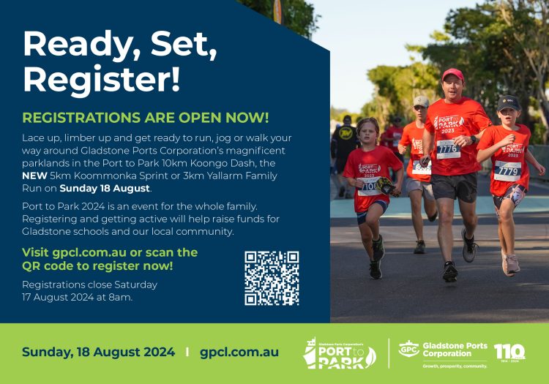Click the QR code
272,278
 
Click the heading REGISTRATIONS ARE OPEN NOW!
146,118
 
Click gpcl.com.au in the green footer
239,352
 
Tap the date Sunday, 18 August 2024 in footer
99,352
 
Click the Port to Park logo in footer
339,353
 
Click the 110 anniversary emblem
509,353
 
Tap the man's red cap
453,75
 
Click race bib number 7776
448,149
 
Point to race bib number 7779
507,170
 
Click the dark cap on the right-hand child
509,102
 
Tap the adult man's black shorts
454,187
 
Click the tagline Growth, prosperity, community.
455,366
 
